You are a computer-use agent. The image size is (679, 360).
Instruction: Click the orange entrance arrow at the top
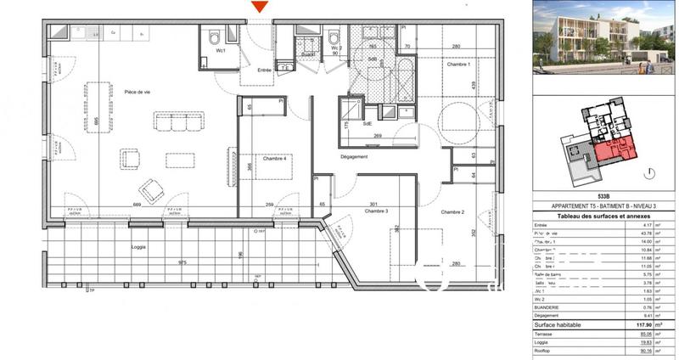pos(261,7)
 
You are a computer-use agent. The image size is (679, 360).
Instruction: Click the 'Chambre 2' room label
pos(451,211)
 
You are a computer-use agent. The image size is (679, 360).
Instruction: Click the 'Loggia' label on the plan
pos(139,247)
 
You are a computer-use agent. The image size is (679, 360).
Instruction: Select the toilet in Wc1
pos(214,38)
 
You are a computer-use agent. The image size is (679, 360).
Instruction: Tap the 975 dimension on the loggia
pos(182,263)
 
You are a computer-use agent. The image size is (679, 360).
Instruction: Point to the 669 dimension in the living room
pos(136,205)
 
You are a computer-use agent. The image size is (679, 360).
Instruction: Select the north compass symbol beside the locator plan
pos(649,172)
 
